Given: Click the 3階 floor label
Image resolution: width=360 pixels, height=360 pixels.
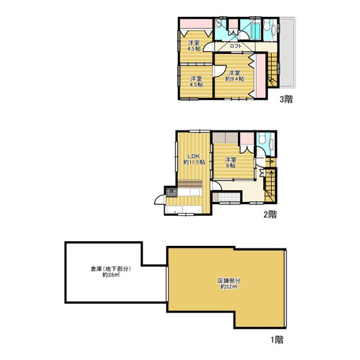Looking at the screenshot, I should point(285,100).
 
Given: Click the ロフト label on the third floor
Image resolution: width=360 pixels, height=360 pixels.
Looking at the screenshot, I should point(235,47).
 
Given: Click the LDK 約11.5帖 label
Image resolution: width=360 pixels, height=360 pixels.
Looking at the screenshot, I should point(193,160).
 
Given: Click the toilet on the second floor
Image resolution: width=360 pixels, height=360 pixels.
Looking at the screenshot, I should point(262,140).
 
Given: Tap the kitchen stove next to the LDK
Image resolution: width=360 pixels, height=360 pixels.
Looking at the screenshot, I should point(171,192).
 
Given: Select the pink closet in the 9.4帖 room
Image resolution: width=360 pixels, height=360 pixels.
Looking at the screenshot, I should point(259,75).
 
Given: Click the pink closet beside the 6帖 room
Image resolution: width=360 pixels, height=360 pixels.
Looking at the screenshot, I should point(246,139).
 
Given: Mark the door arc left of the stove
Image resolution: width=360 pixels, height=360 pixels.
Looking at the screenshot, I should point(159,195).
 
